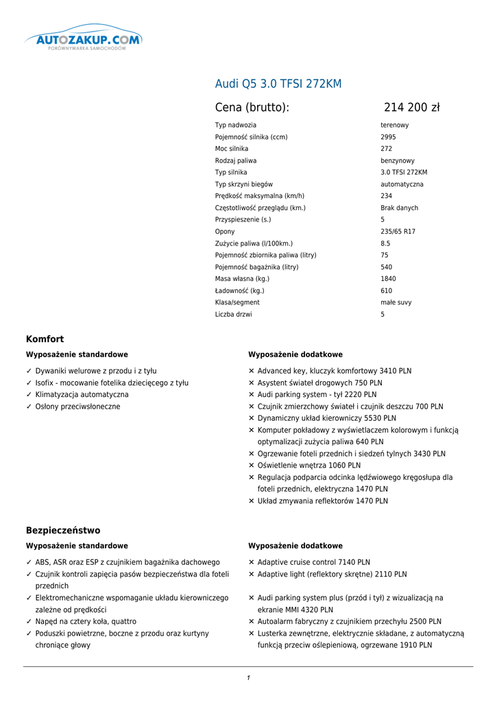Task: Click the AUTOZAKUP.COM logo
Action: pyautogui.click(x=83, y=40)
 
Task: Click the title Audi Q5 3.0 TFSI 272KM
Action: pyautogui.click(x=278, y=84)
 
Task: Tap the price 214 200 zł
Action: pyautogui.click(x=411, y=108)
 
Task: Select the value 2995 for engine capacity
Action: pyautogui.click(x=388, y=137)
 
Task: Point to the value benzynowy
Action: pyautogui.click(x=398, y=160)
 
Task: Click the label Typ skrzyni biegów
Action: pyautogui.click(x=243, y=184)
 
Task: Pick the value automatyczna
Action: pyautogui.click(x=402, y=184)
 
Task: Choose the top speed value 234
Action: pyautogui.click(x=387, y=196)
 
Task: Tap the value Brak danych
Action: pyautogui.click(x=399, y=208)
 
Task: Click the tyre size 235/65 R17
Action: pyautogui.click(x=398, y=232)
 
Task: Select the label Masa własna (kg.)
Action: pyautogui.click(x=242, y=279)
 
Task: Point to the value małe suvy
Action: pyautogui.click(x=397, y=302)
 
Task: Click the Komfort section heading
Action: pyautogui.click(x=45, y=339)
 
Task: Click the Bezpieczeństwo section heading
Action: pyautogui.click(x=62, y=531)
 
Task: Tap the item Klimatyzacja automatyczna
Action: pyautogui.click(x=82, y=395)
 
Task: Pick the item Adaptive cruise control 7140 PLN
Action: pyautogui.click(x=313, y=562)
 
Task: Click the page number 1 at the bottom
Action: pyautogui.click(x=248, y=678)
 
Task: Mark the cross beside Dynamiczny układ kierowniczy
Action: pyautogui.click(x=252, y=418)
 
